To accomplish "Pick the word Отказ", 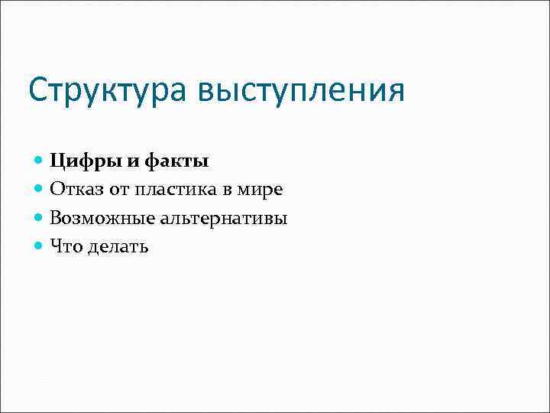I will (x=76, y=189).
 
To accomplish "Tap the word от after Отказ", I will (x=121, y=190).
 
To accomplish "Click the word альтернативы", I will (x=224, y=218).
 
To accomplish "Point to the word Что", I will (x=66, y=246).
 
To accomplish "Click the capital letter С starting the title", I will (x=38, y=91).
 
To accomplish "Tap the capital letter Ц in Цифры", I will (x=57, y=161).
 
